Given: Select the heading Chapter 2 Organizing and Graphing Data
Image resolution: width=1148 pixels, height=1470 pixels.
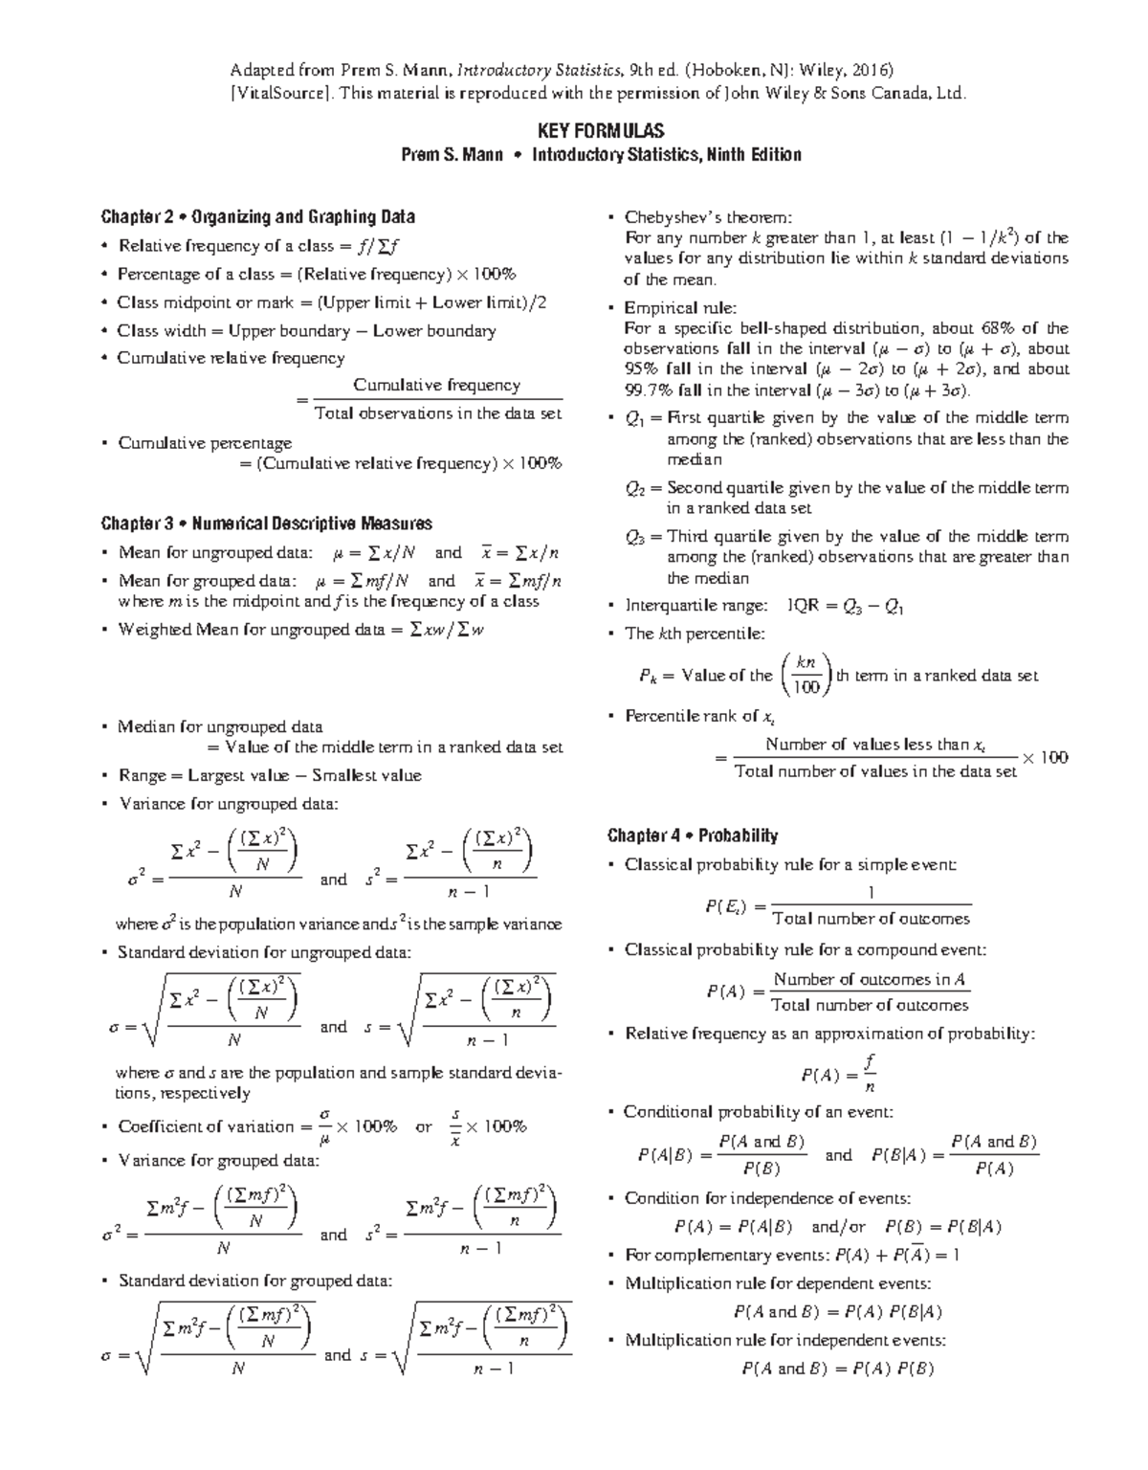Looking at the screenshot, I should click(257, 216).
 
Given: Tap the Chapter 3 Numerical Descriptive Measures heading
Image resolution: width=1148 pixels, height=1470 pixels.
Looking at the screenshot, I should click(266, 523).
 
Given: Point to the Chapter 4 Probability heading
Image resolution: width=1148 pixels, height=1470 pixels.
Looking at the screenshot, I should click(692, 835).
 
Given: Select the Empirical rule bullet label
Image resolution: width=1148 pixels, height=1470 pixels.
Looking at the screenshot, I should click(680, 307).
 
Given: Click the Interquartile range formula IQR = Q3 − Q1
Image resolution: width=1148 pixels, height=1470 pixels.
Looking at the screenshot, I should click(845, 606).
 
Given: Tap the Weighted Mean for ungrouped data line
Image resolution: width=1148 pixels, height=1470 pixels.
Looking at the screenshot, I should click(300, 630).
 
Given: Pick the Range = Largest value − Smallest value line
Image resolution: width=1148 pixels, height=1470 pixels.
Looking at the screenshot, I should click(269, 775).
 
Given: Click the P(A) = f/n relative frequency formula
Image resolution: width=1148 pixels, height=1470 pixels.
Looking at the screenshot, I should click(838, 1074).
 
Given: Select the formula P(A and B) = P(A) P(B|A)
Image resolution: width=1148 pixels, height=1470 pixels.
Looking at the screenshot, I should click(837, 1311).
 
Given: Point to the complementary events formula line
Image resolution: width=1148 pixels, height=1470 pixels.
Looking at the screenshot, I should click(791, 1255).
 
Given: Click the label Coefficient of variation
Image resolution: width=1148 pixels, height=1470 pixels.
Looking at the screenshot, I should click(206, 1126).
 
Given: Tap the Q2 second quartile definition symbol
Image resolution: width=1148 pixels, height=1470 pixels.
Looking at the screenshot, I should click(636, 488).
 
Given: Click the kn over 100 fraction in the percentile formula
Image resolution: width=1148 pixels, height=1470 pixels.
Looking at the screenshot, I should click(806, 675).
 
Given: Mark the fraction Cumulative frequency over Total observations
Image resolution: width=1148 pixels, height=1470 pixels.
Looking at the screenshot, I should click(437, 399).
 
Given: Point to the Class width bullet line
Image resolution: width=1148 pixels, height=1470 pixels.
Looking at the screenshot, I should click(306, 330).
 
